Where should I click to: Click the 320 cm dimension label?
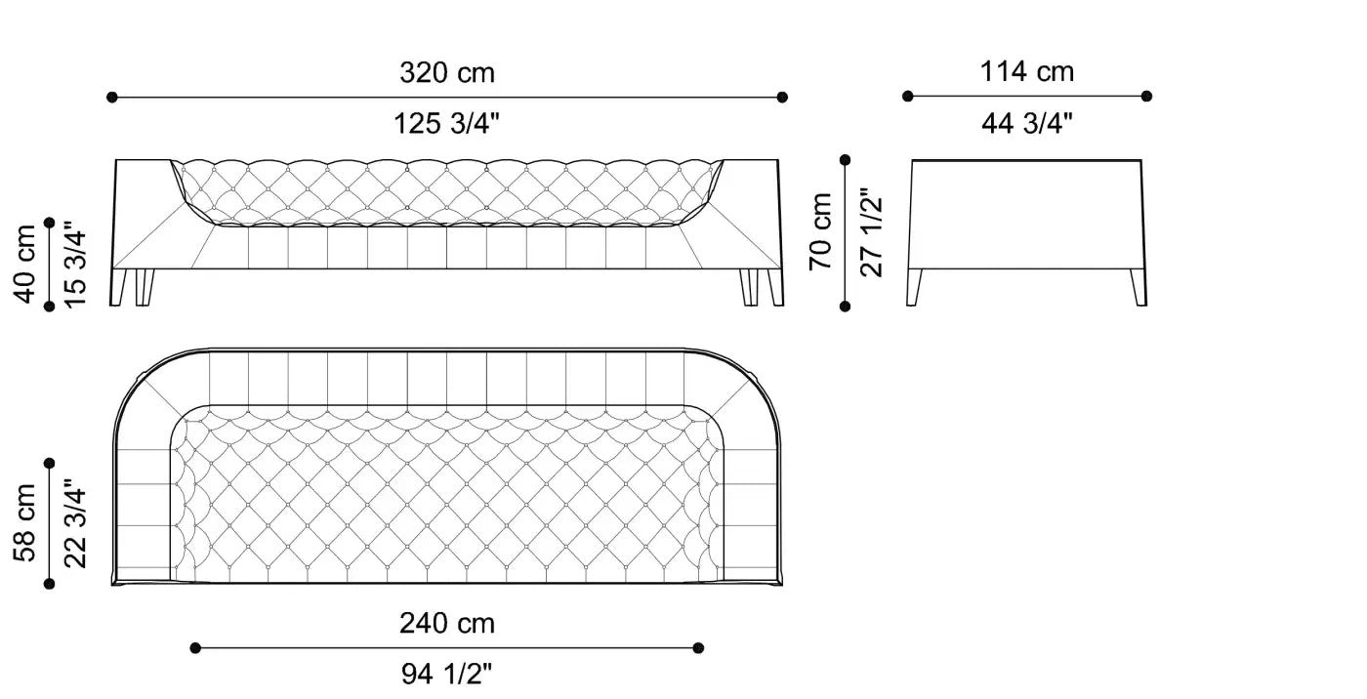[447, 72]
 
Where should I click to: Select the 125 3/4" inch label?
[446, 123]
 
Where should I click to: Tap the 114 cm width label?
[1027, 71]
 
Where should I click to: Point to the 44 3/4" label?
[1027, 123]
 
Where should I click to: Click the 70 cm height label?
[820, 231]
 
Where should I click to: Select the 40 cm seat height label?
[24, 264]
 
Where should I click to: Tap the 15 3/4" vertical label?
[76, 265]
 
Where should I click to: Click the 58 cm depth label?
[24, 522]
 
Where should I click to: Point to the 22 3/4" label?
[76, 523]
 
